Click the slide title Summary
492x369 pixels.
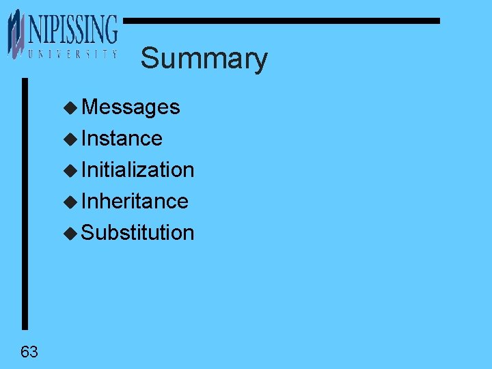(204, 59)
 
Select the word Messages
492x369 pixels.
(131, 107)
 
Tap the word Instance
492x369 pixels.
(122, 139)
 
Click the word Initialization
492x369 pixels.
(137, 169)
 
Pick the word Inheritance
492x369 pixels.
(135, 201)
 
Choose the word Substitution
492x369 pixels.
(137, 232)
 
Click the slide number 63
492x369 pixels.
(29, 352)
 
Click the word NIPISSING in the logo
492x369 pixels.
(72, 31)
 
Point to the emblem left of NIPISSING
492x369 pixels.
(16, 34)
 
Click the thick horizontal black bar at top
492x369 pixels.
(280, 21)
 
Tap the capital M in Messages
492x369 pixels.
(89, 107)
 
